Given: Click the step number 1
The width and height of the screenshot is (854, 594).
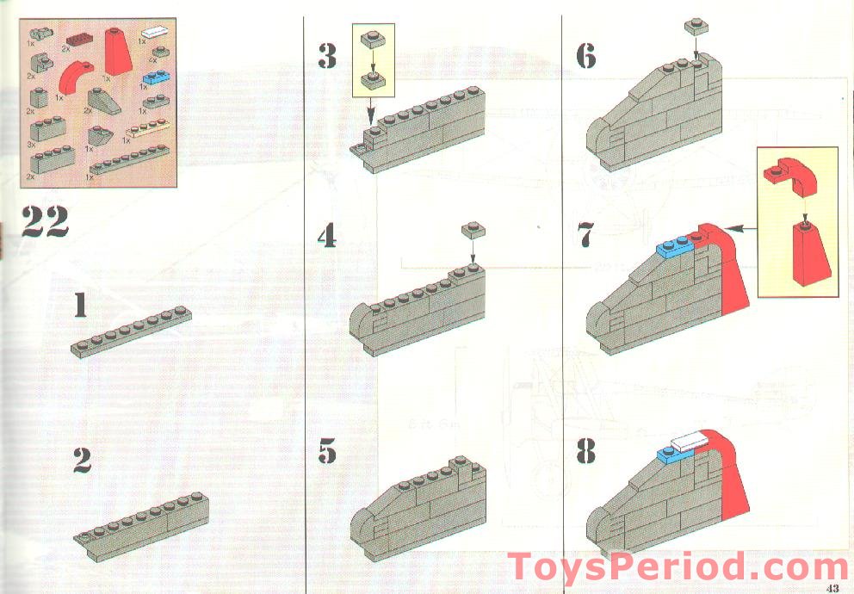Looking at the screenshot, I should (80, 306).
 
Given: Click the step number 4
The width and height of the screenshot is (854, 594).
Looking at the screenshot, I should (326, 236).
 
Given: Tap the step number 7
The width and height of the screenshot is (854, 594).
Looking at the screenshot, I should (586, 234).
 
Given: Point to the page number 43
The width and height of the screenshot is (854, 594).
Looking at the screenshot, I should (832, 588).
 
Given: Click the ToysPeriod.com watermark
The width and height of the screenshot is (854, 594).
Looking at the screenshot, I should (678, 569).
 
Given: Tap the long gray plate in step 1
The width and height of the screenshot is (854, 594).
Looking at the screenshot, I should (131, 331).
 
